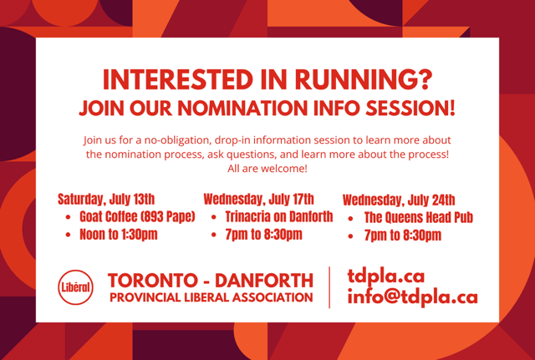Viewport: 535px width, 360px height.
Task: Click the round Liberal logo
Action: [x=75, y=287]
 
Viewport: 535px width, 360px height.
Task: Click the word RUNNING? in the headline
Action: [x=364, y=80]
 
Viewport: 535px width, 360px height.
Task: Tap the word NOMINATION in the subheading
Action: [x=242, y=108]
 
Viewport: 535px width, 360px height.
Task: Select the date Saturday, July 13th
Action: [x=106, y=200]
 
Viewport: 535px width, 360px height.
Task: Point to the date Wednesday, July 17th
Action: [x=258, y=200]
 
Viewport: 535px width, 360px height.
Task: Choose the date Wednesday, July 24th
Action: [x=399, y=200]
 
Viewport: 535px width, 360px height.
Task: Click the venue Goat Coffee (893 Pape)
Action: [x=137, y=217]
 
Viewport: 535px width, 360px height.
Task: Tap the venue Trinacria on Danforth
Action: [x=278, y=217]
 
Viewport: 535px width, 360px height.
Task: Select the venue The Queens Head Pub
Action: [x=418, y=217]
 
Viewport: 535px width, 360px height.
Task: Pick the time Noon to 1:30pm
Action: [x=119, y=235]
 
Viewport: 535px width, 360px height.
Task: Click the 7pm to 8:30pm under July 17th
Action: [x=263, y=235]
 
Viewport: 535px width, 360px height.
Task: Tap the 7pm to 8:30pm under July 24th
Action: [x=403, y=236]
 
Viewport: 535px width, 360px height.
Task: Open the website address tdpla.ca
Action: [x=386, y=276]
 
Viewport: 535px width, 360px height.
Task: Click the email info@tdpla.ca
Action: [x=412, y=297]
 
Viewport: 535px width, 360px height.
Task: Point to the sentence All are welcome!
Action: [x=267, y=169]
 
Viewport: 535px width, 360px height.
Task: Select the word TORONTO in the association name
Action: [x=152, y=281]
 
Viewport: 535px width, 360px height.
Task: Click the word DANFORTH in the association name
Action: [x=264, y=281]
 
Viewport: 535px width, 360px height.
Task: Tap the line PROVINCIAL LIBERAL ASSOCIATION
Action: [x=211, y=297]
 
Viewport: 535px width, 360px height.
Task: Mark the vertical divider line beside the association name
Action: [x=329, y=287]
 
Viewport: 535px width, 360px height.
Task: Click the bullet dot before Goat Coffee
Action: [x=69, y=217]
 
